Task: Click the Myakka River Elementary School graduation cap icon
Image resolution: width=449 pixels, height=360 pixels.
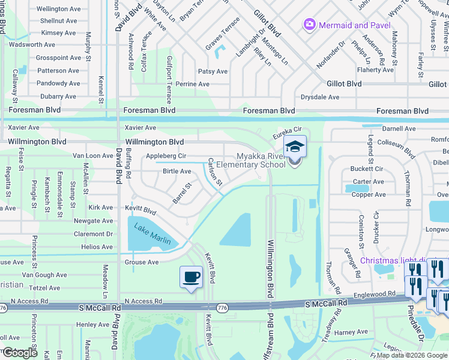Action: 295,146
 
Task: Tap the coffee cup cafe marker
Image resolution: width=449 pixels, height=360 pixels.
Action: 191,277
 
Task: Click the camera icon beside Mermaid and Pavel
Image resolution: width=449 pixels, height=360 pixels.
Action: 310,25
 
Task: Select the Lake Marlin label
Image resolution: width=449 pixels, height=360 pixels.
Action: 152,235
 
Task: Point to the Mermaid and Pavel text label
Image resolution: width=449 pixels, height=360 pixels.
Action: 355,25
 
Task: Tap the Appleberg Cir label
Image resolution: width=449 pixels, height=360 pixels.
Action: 166,156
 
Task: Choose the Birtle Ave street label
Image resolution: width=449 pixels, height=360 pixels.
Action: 177,172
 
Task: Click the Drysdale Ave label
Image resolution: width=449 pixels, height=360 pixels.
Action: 320,97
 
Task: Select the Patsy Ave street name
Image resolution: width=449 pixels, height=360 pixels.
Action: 213,71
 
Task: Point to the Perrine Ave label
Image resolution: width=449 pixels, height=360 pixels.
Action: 193,84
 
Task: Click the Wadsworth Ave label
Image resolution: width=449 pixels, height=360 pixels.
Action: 32,44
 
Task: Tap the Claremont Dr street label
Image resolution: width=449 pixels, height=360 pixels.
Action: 93,234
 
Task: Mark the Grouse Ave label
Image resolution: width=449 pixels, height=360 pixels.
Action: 142,262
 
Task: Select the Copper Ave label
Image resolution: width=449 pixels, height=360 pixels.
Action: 369,194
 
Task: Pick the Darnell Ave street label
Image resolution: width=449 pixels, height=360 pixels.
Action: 399,128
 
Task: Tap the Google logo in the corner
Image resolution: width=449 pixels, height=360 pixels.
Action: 20,353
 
